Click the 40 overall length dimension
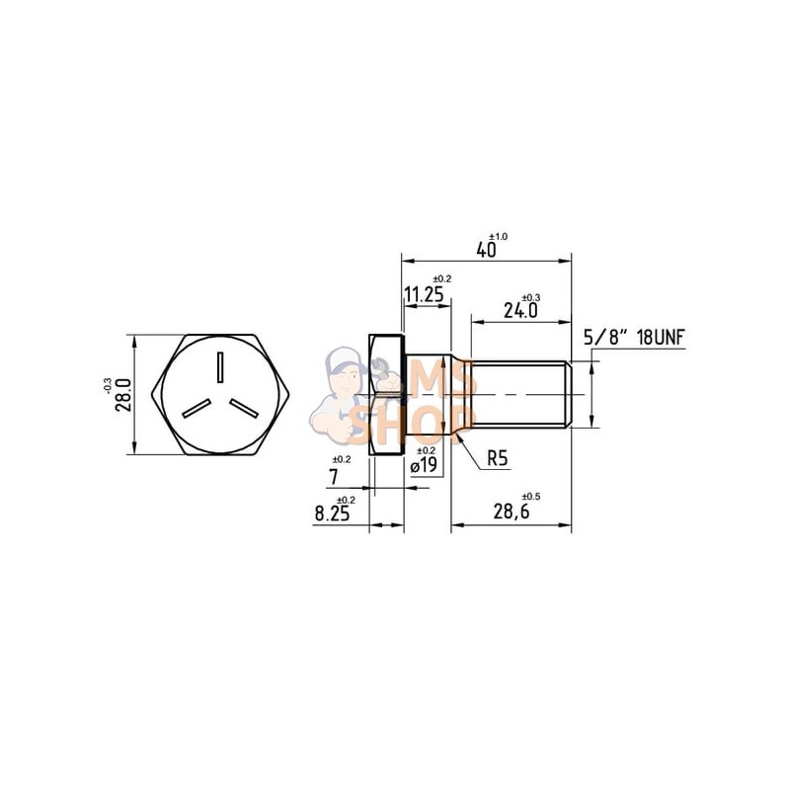(x=486, y=249)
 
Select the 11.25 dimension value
(x=423, y=295)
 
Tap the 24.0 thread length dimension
(x=519, y=310)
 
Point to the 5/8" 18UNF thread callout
(x=634, y=337)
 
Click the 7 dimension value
(x=335, y=477)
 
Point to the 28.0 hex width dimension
(x=122, y=395)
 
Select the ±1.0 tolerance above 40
(x=499, y=237)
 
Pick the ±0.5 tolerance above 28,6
(x=530, y=496)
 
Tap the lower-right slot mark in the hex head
(x=244, y=409)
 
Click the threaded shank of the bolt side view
(x=518, y=395)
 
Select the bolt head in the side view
(x=386, y=395)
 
